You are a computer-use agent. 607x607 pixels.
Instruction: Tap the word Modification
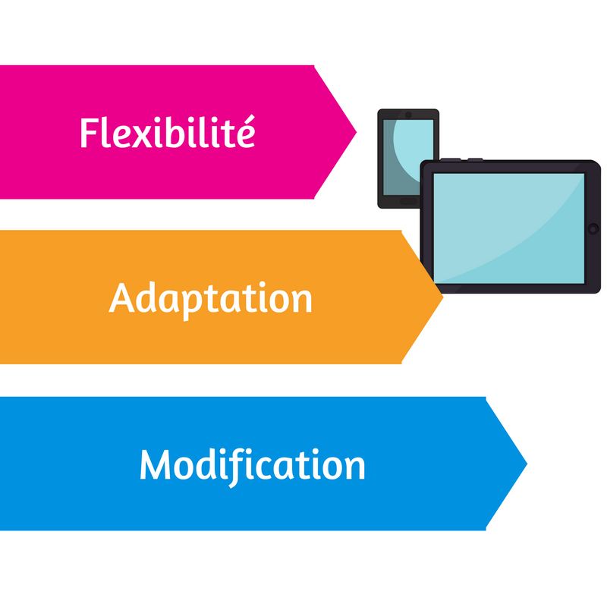point(252,464)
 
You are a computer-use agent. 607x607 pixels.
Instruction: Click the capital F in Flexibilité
point(88,134)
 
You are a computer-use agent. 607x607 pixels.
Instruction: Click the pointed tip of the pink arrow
point(355,132)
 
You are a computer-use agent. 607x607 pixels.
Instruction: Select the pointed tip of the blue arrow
point(526,463)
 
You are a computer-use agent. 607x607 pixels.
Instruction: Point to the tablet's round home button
point(593,228)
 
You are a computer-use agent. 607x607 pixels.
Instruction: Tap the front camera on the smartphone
point(408,115)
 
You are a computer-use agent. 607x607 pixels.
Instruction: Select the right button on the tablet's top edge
point(475,159)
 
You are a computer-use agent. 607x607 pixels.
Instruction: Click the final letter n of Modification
point(354,467)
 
